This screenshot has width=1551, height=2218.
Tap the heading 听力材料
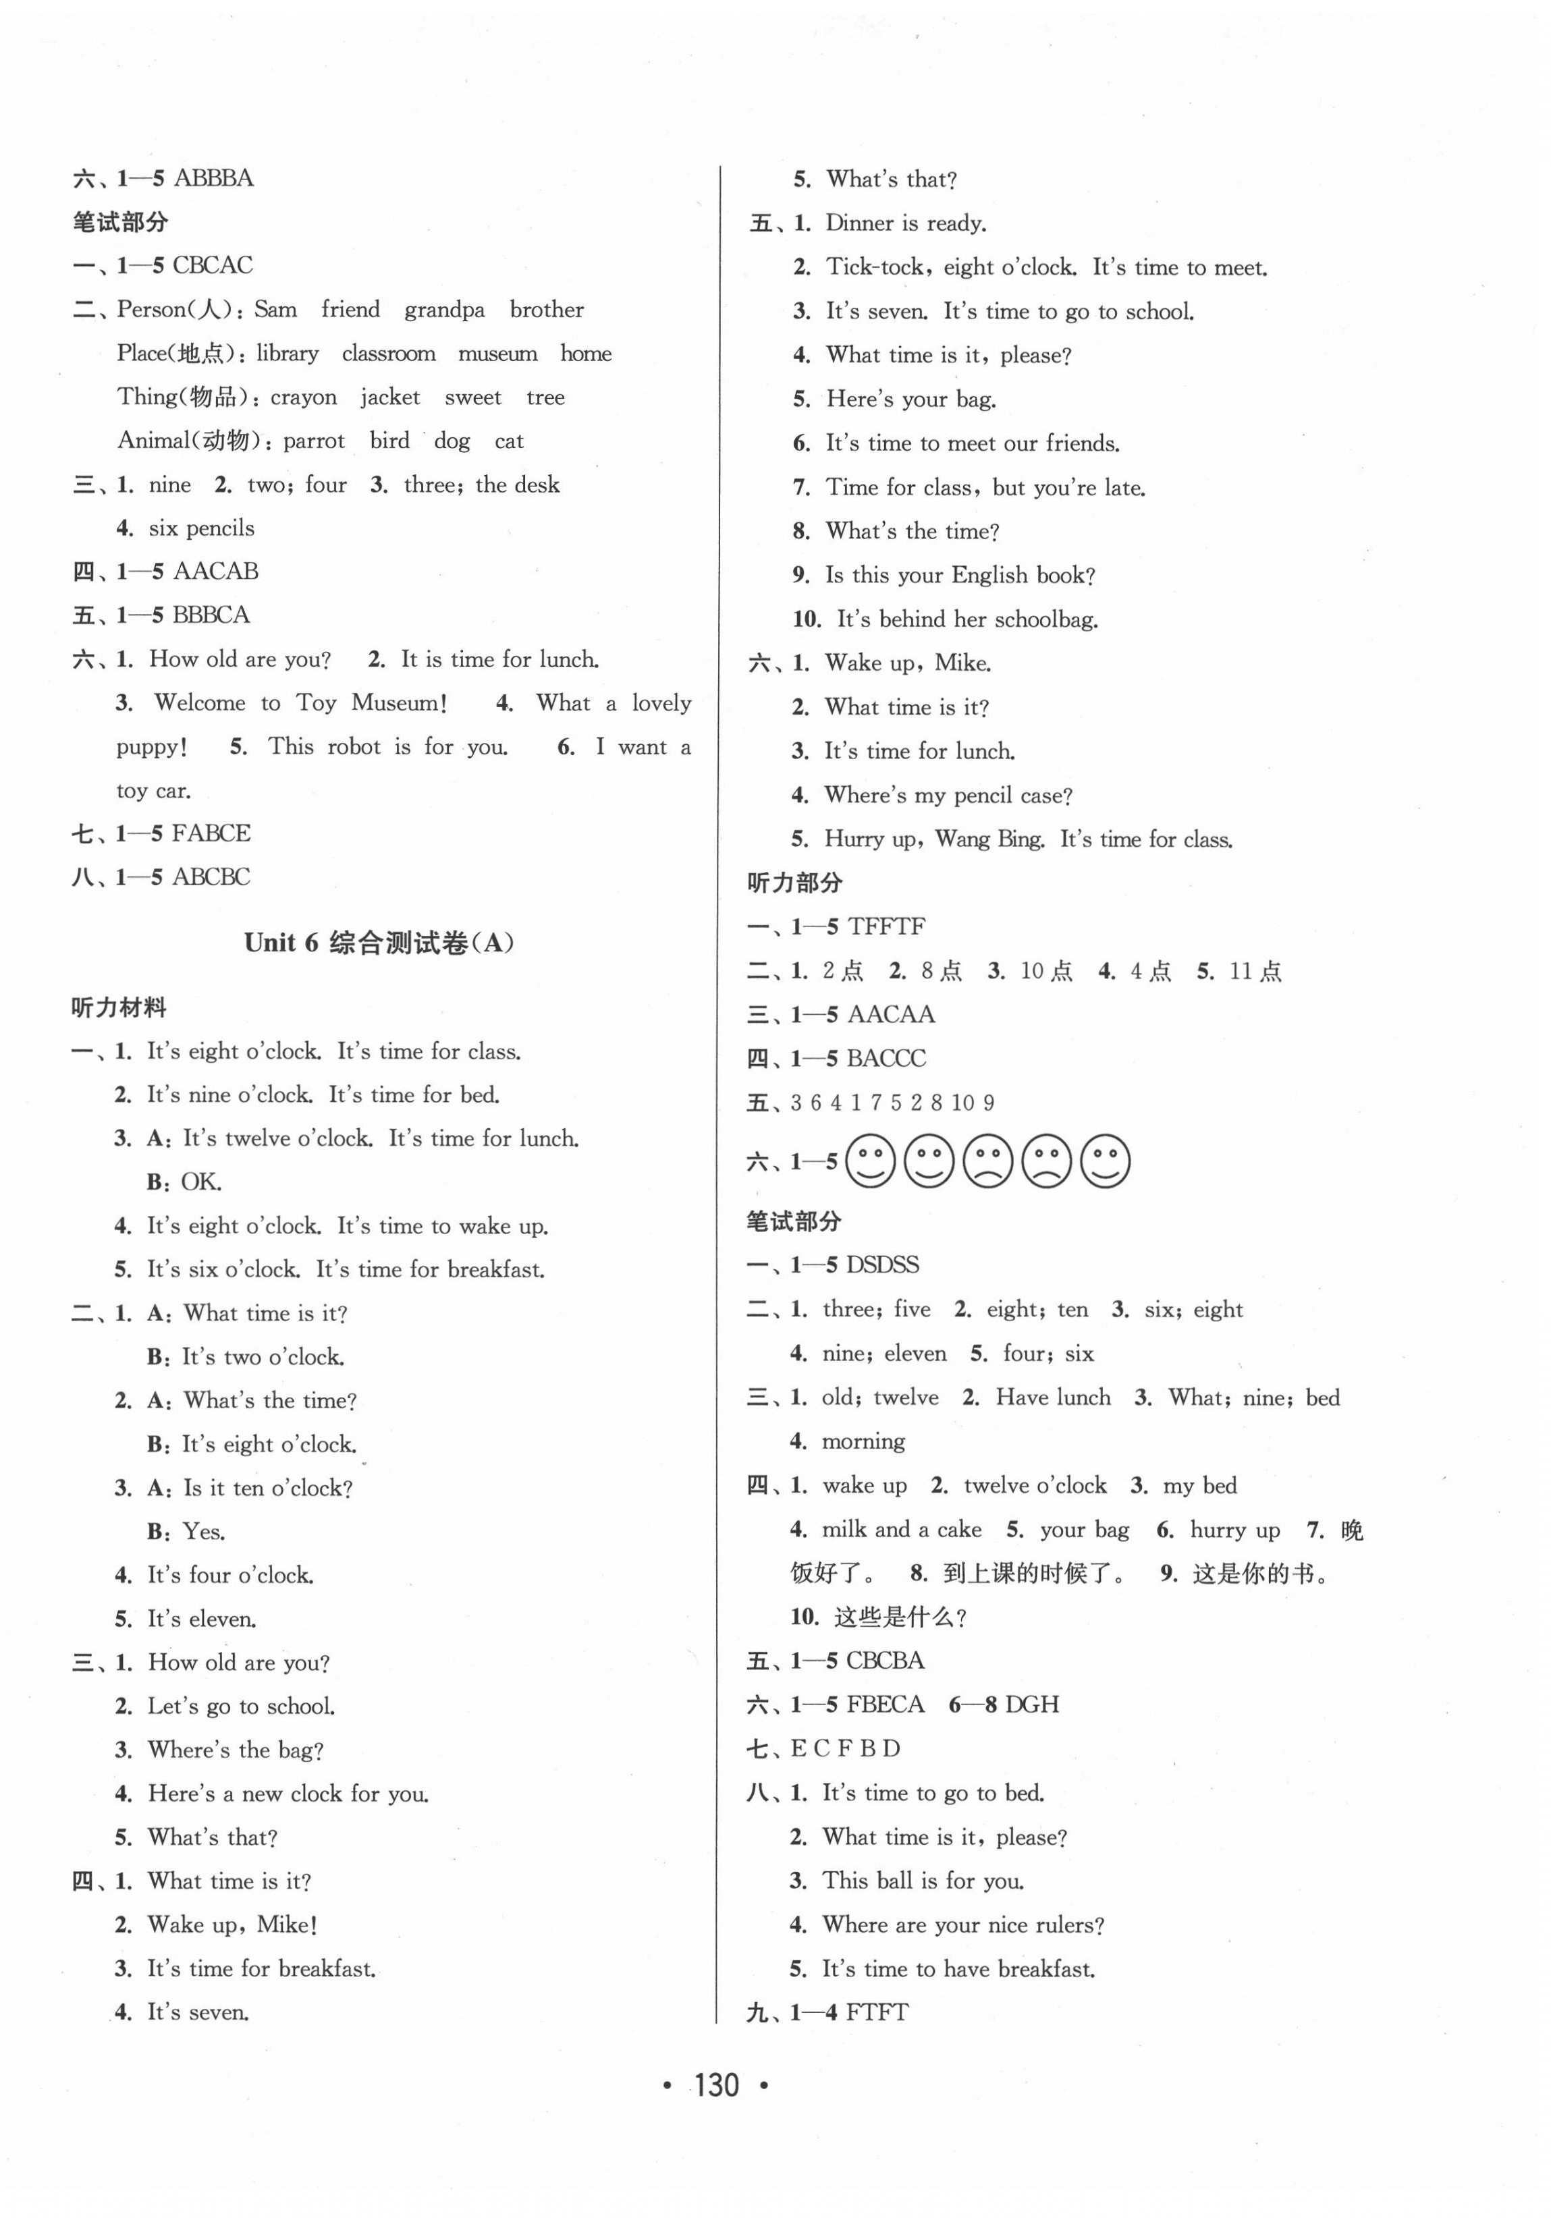[119, 1007]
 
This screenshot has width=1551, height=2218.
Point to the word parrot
[313, 441]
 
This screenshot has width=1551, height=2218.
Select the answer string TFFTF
[886, 926]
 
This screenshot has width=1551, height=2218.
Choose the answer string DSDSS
[881, 1265]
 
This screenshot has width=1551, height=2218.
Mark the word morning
[863, 1441]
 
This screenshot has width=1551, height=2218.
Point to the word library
[287, 354]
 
